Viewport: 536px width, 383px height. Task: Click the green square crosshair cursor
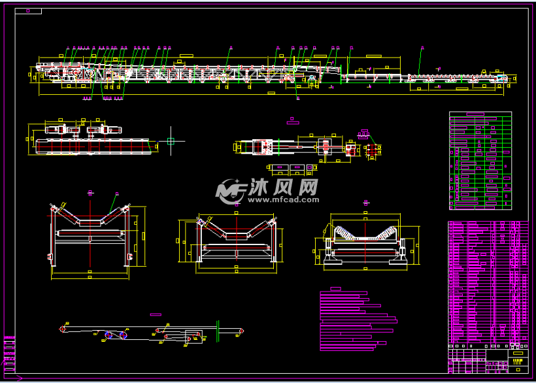click(171, 141)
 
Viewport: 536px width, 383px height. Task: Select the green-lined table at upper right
click(480, 160)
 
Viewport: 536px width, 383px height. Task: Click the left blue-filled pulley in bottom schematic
click(109, 335)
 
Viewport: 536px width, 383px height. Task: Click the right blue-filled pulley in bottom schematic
click(123, 335)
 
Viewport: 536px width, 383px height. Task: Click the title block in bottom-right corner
click(488, 359)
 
